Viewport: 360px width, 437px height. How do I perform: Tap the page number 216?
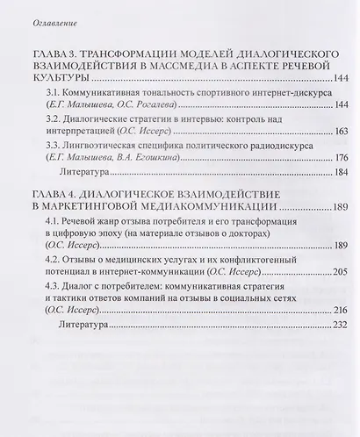point(334,339)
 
